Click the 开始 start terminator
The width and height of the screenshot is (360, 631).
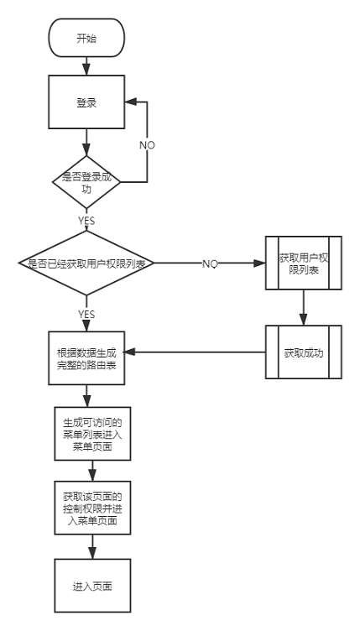tap(87, 38)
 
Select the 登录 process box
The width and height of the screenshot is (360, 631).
tap(87, 103)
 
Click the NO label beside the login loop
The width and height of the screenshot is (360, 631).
tap(147, 144)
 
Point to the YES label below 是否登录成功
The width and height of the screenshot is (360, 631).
tap(87, 222)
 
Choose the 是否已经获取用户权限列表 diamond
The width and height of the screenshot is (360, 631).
tap(87, 263)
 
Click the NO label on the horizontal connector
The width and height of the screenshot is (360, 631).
tap(210, 263)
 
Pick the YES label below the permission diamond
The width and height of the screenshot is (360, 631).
tap(87, 314)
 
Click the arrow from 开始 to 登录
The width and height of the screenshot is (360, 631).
tap(87, 65)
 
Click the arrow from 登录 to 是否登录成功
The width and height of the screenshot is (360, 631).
tap(87, 143)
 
